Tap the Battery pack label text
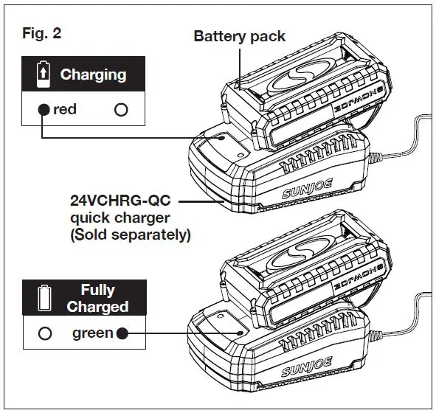point(239,35)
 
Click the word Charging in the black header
point(93,74)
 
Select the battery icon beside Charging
point(44,74)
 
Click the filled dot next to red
point(44,110)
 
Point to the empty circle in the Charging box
point(121,110)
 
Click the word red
point(65,110)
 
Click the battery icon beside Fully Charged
point(44,298)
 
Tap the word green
point(92,333)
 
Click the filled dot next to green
point(122,333)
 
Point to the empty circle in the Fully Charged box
point(45,333)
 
